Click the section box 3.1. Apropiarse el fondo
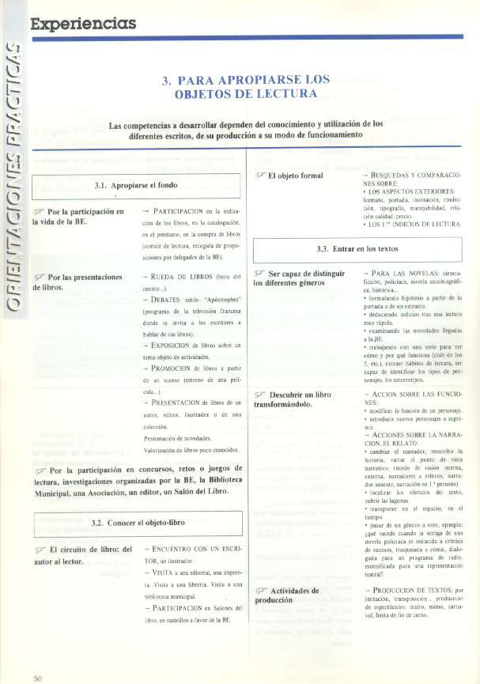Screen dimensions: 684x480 [135, 186]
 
